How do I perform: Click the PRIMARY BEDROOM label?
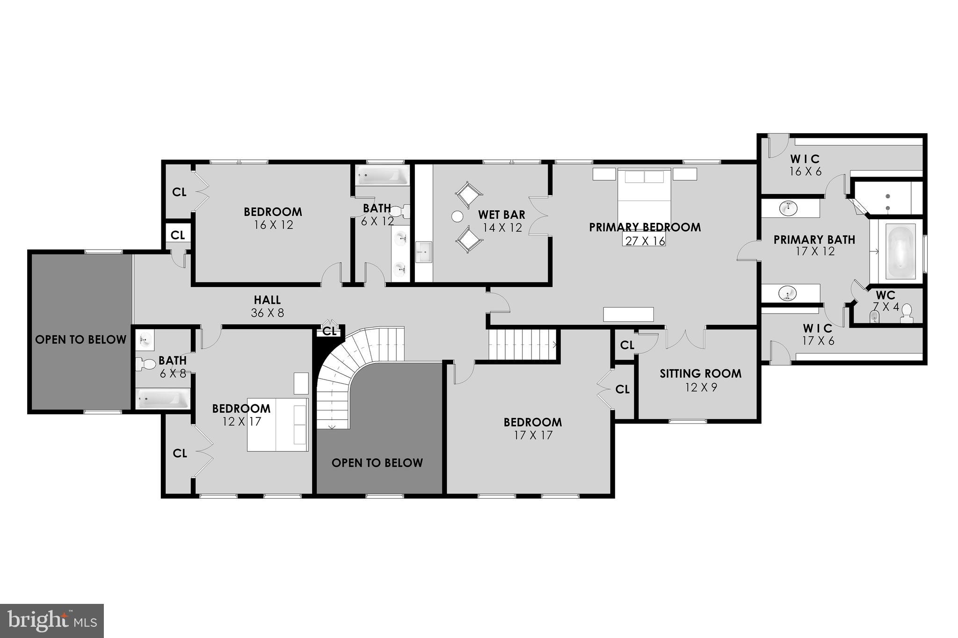coord(645,227)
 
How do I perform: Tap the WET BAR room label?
coord(501,215)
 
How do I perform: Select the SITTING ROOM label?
coord(700,373)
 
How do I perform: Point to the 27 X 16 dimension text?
coord(644,241)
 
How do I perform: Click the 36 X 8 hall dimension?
coord(267,313)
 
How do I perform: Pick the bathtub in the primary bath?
coord(900,251)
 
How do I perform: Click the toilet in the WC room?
coord(907,313)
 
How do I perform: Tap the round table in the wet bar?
coord(457,216)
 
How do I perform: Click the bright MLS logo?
coord(52,621)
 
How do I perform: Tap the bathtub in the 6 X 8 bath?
coord(162,399)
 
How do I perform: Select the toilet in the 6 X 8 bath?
coord(146,364)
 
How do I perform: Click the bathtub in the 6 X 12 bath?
coord(382,176)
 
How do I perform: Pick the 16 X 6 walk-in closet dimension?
coord(805,172)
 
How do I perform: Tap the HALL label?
coord(267,300)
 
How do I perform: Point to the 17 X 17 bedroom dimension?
coord(532,435)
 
